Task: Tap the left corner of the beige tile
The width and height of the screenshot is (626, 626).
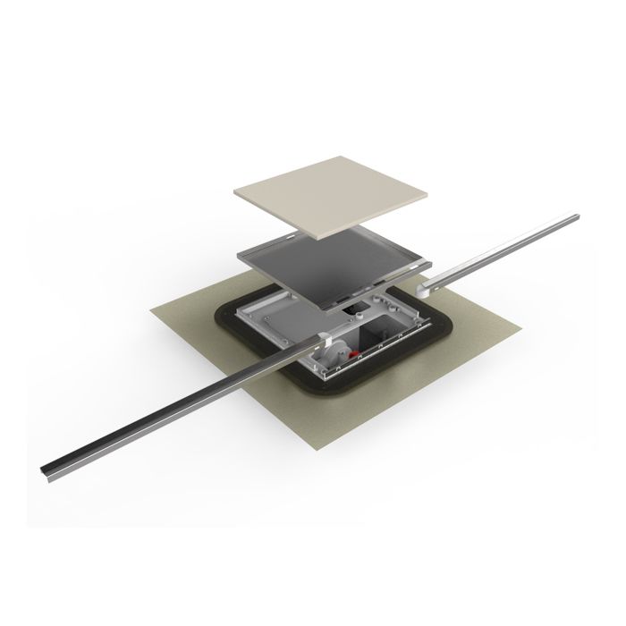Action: tap(234, 190)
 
